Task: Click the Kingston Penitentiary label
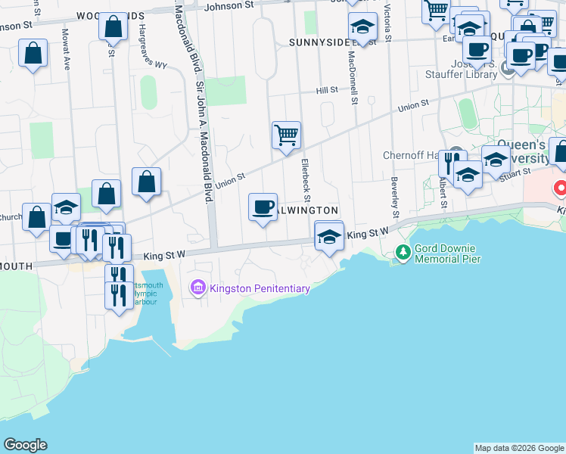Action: pyautogui.click(x=260, y=288)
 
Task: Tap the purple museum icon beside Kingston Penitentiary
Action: pyautogui.click(x=198, y=288)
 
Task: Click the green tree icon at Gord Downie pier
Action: pyautogui.click(x=403, y=252)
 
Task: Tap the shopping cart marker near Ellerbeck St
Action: pyautogui.click(x=286, y=136)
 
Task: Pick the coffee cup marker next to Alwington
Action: pyautogui.click(x=263, y=207)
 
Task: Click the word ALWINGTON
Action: pyautogui.click(x=306, y=210)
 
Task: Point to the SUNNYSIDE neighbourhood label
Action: pyautogui.click(x=318, y=43)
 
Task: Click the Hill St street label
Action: pyautogui.click(x=327, y=90)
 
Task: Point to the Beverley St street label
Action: pyautogui.click(x=394, y=194)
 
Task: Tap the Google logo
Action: pyautogui.click(x=25, y=445)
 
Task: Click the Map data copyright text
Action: pyautogui.click(x=519, y=448)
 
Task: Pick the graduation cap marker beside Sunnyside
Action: pyautogui.click(x=363, y=29)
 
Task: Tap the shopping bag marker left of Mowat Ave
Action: pyautogui.click(x=34, y=54)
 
